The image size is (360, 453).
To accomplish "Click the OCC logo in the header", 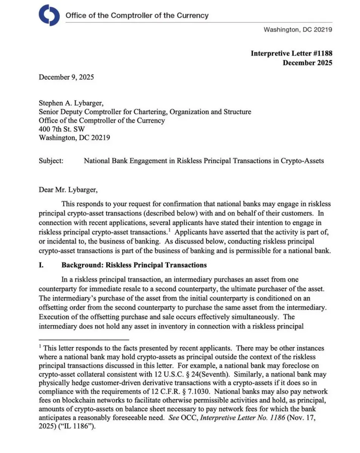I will pos(49,15).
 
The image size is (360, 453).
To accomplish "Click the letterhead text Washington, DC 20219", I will pos(298,29).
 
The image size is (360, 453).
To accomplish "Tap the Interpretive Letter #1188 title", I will pos(291,53).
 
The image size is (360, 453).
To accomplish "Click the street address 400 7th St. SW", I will pos(62,129).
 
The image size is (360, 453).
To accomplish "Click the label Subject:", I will pos(51,160).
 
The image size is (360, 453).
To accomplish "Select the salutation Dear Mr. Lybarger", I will pos(71,190).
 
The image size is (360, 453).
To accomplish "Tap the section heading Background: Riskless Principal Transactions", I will pos(134,265).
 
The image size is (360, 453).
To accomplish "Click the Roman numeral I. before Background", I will pos(41,265).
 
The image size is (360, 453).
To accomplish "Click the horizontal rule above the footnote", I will pos(84,340).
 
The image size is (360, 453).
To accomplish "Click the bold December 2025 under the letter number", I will pos(308,63).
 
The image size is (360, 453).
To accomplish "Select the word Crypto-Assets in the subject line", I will pos(302,160).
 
